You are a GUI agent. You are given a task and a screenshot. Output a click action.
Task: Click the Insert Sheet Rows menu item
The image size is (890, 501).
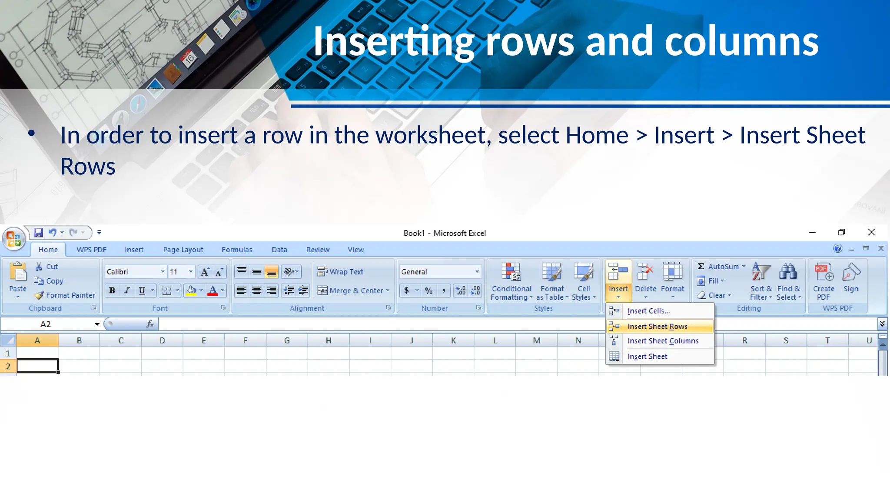tap(657, 327)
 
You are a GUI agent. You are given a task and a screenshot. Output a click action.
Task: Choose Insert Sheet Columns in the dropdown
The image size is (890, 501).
tap(663, 341)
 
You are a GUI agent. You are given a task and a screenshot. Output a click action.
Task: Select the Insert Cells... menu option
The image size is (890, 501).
tap(648, 311)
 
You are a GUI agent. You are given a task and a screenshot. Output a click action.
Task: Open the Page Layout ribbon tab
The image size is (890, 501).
tap(183, 250)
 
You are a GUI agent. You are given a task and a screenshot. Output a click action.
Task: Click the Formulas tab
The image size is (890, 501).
tap(237, 250)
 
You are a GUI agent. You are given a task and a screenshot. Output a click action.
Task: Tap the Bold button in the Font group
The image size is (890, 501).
tap(112, 291)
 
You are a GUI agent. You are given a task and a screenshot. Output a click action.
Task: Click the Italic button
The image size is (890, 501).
tap(127, 291)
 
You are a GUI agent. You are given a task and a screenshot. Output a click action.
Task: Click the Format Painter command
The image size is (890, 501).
tap(65, 295)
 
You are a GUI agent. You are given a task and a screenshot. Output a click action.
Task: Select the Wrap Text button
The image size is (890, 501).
tap(341, 272)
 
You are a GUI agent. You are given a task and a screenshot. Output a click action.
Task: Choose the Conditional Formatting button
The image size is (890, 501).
tap(511, 281)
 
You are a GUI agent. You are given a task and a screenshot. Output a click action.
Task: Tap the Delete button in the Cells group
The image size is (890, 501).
tap(645, 281)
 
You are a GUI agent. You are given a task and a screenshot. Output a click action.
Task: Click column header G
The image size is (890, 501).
tap(287, 341)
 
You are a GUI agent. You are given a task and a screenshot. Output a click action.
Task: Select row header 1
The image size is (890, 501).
tap(8, 353)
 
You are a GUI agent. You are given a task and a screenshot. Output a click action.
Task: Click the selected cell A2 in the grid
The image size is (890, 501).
tap(37, 366)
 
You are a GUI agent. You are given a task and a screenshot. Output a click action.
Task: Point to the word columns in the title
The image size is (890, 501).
tap(741, 41)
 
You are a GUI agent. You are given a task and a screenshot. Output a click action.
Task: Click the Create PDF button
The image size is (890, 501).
tap(824, 281)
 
